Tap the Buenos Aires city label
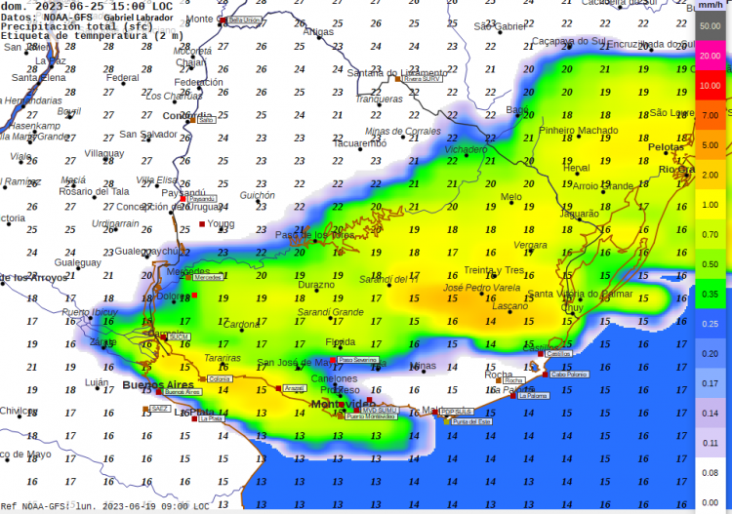153,385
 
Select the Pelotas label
666,147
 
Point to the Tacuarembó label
359,143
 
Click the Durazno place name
315,285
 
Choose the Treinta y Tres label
494,270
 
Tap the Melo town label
510,197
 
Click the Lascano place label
509,306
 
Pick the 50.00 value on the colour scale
710,26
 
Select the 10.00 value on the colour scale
710,86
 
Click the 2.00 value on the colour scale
710,175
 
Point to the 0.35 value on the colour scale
710,294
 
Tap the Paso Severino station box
357,360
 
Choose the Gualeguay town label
78,262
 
